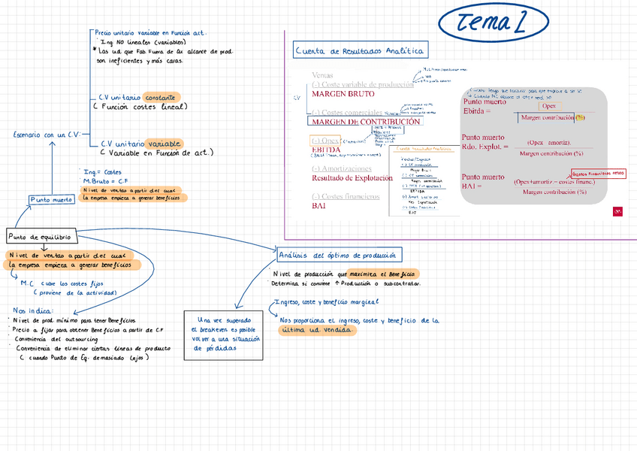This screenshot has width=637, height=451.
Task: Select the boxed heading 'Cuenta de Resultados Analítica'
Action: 361,51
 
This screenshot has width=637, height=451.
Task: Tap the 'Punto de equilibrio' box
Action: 41,237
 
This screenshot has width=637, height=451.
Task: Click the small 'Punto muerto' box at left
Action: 52,199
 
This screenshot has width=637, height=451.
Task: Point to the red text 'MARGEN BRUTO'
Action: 343,94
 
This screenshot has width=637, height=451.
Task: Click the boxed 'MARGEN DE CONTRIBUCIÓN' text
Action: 366,121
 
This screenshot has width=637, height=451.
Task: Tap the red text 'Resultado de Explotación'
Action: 352,178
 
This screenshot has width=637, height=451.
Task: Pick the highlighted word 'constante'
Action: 161,98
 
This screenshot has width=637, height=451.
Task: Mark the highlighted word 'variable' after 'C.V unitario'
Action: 165,143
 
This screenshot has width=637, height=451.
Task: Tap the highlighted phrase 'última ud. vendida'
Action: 313,331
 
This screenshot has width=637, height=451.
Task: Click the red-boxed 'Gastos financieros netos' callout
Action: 599,174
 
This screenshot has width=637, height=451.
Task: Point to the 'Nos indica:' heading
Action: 32,310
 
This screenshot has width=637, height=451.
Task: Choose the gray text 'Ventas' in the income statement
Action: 322,75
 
